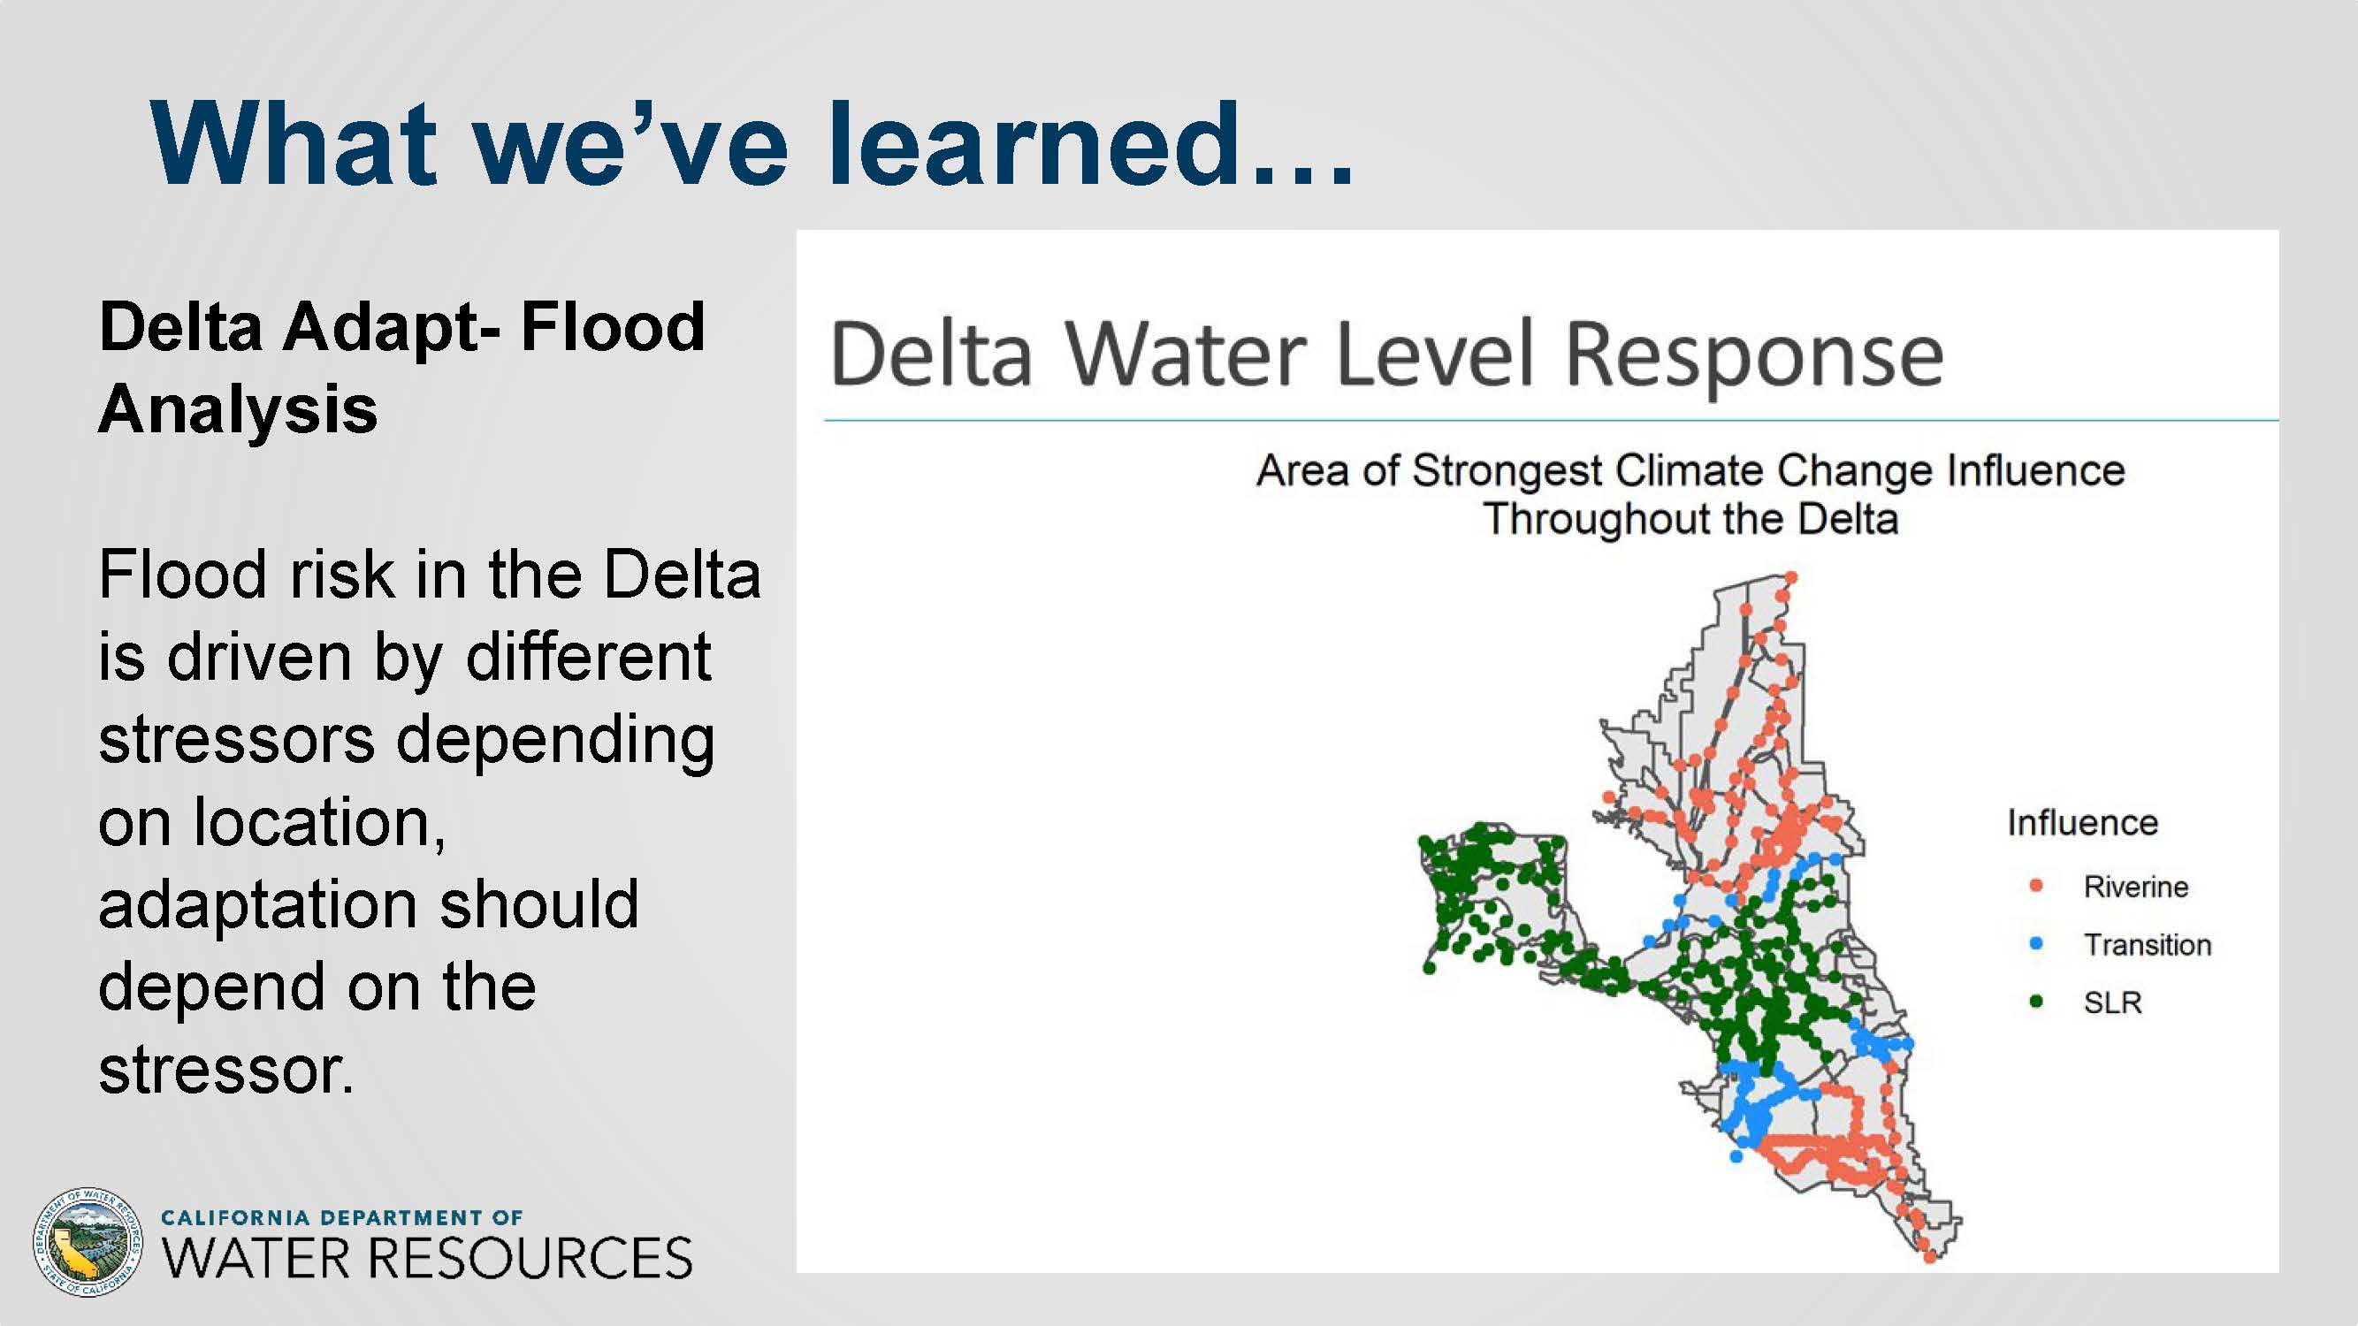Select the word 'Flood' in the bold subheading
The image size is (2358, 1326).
coord(613,327)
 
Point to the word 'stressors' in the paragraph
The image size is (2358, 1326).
coord(236,739)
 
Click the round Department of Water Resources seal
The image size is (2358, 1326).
coord(88,1242)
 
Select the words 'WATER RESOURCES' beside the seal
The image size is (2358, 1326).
coord(426,1258)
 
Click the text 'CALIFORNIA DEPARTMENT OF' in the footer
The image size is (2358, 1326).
coord(341,1217)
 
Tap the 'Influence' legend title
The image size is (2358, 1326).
coord(2082,823)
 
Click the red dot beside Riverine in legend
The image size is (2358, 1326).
coord(2037,886)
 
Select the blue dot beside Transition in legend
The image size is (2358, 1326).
coord(2037,943)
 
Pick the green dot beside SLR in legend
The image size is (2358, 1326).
coord(2037,1002)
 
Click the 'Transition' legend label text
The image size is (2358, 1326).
coord(2148,944)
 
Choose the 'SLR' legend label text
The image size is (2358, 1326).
coord(2113,1002)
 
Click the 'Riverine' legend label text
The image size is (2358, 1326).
coord(2135,887)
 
